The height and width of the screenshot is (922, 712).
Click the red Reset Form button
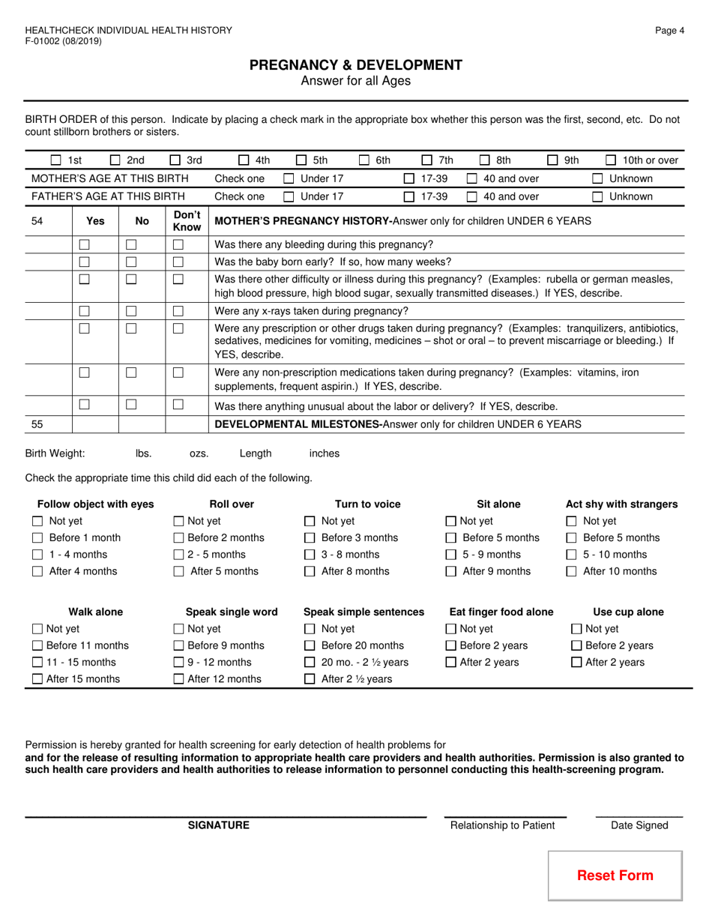[x=615, y=875]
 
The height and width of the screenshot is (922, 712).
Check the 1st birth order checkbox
[x=56, y=160]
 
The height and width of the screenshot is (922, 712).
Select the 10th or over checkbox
[x=611, y=160]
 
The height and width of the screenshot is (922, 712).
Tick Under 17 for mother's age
[x=289, y=178]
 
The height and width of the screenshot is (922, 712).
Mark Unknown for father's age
[x=598, y=197]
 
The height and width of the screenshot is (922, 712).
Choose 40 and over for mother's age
[x=473, y=178]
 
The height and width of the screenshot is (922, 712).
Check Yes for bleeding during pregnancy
[x=85, y=244]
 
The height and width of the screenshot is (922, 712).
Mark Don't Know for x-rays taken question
[x=178, y=310]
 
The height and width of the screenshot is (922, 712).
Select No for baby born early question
[x=131, y=262]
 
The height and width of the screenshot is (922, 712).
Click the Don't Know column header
[x=187, y=221]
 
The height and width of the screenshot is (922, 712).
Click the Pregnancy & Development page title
[x=356, y=65]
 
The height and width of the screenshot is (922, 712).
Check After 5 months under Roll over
[x=179, y=571]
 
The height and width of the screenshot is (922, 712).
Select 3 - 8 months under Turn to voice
[x=310, y=555]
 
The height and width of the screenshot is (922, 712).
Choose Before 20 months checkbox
[x=310, y=646]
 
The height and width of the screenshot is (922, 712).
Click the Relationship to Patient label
[x=502, y=825]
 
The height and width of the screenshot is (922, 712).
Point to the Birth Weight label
[x=55, y=454]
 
